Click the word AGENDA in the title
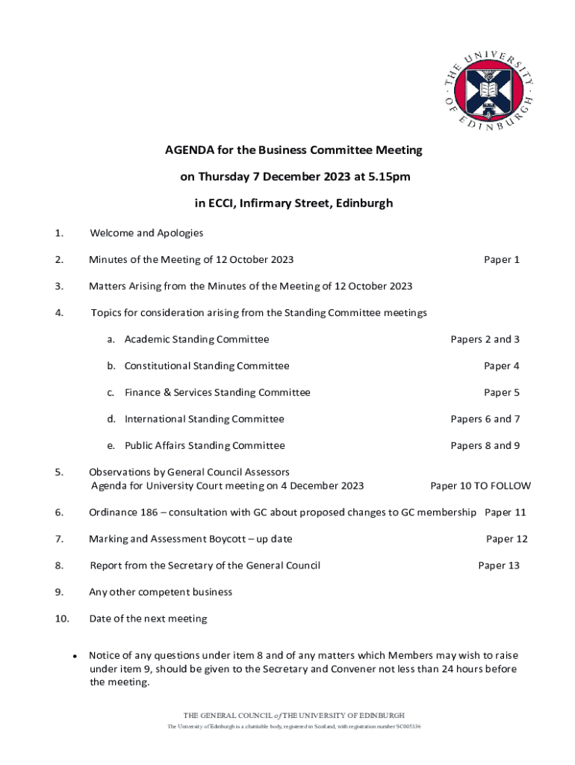(190, 150)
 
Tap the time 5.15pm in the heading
(390, 177)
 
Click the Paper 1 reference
(501, 260)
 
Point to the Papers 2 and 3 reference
(485, 339)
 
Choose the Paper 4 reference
(501, 366)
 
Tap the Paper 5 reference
(501, 392)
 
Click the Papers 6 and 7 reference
(485, 419)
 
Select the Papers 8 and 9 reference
(485, 446)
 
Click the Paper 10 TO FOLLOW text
(480, 486)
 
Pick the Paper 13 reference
(498, 566)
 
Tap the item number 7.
(58, 539)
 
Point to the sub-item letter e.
(111, 446)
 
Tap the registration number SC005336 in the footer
(408, 727)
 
